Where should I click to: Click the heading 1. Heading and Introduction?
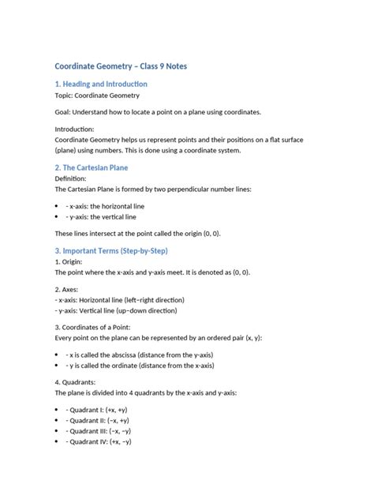101,84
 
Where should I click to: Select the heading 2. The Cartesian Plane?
92,167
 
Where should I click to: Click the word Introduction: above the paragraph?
74,129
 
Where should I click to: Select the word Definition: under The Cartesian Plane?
73,179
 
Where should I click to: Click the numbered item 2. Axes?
67,290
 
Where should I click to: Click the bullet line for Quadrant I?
99,411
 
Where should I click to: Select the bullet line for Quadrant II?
99,421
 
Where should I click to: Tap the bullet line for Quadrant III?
101,431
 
